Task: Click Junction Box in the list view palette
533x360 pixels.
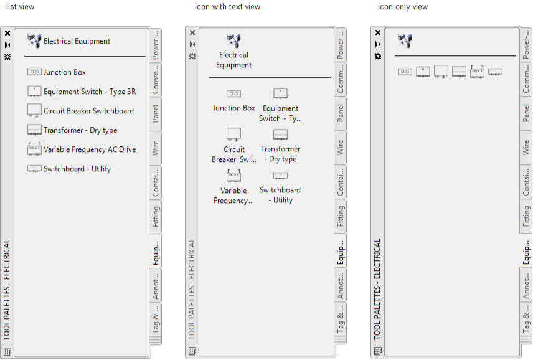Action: pos(64,72)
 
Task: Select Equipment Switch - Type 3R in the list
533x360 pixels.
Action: pos(90,92)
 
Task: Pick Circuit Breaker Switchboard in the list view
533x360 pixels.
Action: pos(88,111)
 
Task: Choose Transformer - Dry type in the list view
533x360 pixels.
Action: pos(80,130)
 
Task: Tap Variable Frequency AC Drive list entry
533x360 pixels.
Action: pos(90,149)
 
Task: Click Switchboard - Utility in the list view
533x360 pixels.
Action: pos(77,169)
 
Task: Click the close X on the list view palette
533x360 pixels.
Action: pos(7,33)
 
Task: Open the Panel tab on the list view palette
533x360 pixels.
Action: pos(155,113)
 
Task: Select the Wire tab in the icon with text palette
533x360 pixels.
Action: pos(340,148)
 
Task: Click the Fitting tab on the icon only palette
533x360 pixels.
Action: pos(526,216)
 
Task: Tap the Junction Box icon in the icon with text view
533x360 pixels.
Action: pos(233,93)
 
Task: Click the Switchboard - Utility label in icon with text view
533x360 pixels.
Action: pos(280,195)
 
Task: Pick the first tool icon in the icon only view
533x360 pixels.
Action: pos(405,72)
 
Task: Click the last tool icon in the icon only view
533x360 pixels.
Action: pos(495,72)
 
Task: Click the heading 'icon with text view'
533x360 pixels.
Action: pos(227,7)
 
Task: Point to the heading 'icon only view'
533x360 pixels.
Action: pos(403,7)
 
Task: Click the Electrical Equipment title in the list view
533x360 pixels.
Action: pos(77,41)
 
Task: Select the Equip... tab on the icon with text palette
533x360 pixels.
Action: pos(340,251)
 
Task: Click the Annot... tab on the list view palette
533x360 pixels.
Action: pos(155,285)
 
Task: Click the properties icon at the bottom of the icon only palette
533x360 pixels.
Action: pos(378,351)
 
